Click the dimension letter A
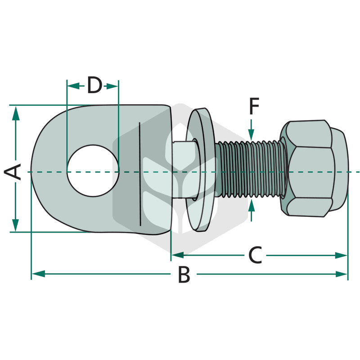coord(13,172)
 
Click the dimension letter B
coord(184,274)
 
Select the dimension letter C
coord(255,255)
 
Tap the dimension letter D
coord(94,85)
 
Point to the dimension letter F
coord(254,106)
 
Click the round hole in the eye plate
coord(93,171)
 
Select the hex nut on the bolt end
coord(314,169)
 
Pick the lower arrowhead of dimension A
coord(15,225)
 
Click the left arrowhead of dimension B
coord(38,274)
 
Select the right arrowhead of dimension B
coord(341,274)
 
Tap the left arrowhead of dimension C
coord(178,255)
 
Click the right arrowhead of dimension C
coord(341,255)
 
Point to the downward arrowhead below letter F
coord(252,135)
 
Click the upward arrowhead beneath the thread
coord(252,205)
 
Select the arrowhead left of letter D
coord(73,86)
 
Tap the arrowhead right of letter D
coord(112,86)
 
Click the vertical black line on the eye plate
coord(140,174)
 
